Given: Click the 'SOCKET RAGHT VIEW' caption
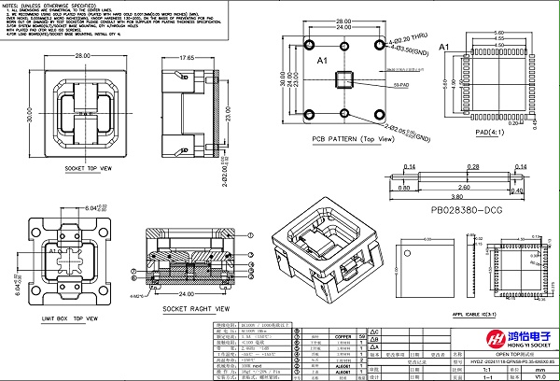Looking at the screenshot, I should (196, 307).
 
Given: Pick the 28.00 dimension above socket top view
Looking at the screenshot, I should (82, 56).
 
